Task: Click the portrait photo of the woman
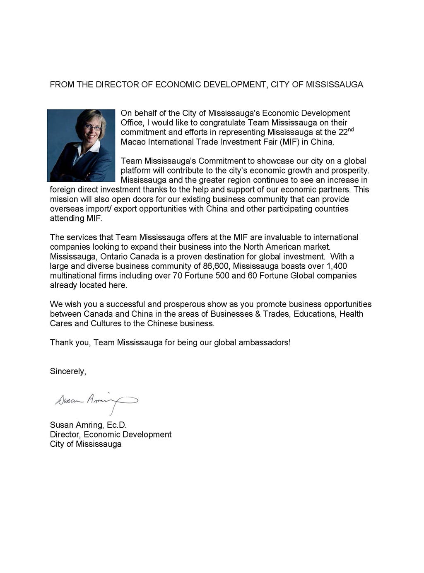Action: coord(81,145)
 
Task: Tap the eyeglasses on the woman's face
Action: coord(92,128)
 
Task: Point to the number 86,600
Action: coord(216,266)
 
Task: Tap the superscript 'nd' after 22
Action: coord(351,130)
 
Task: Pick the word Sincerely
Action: coord(68,371)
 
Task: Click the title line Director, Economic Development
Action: coord(111,435)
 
